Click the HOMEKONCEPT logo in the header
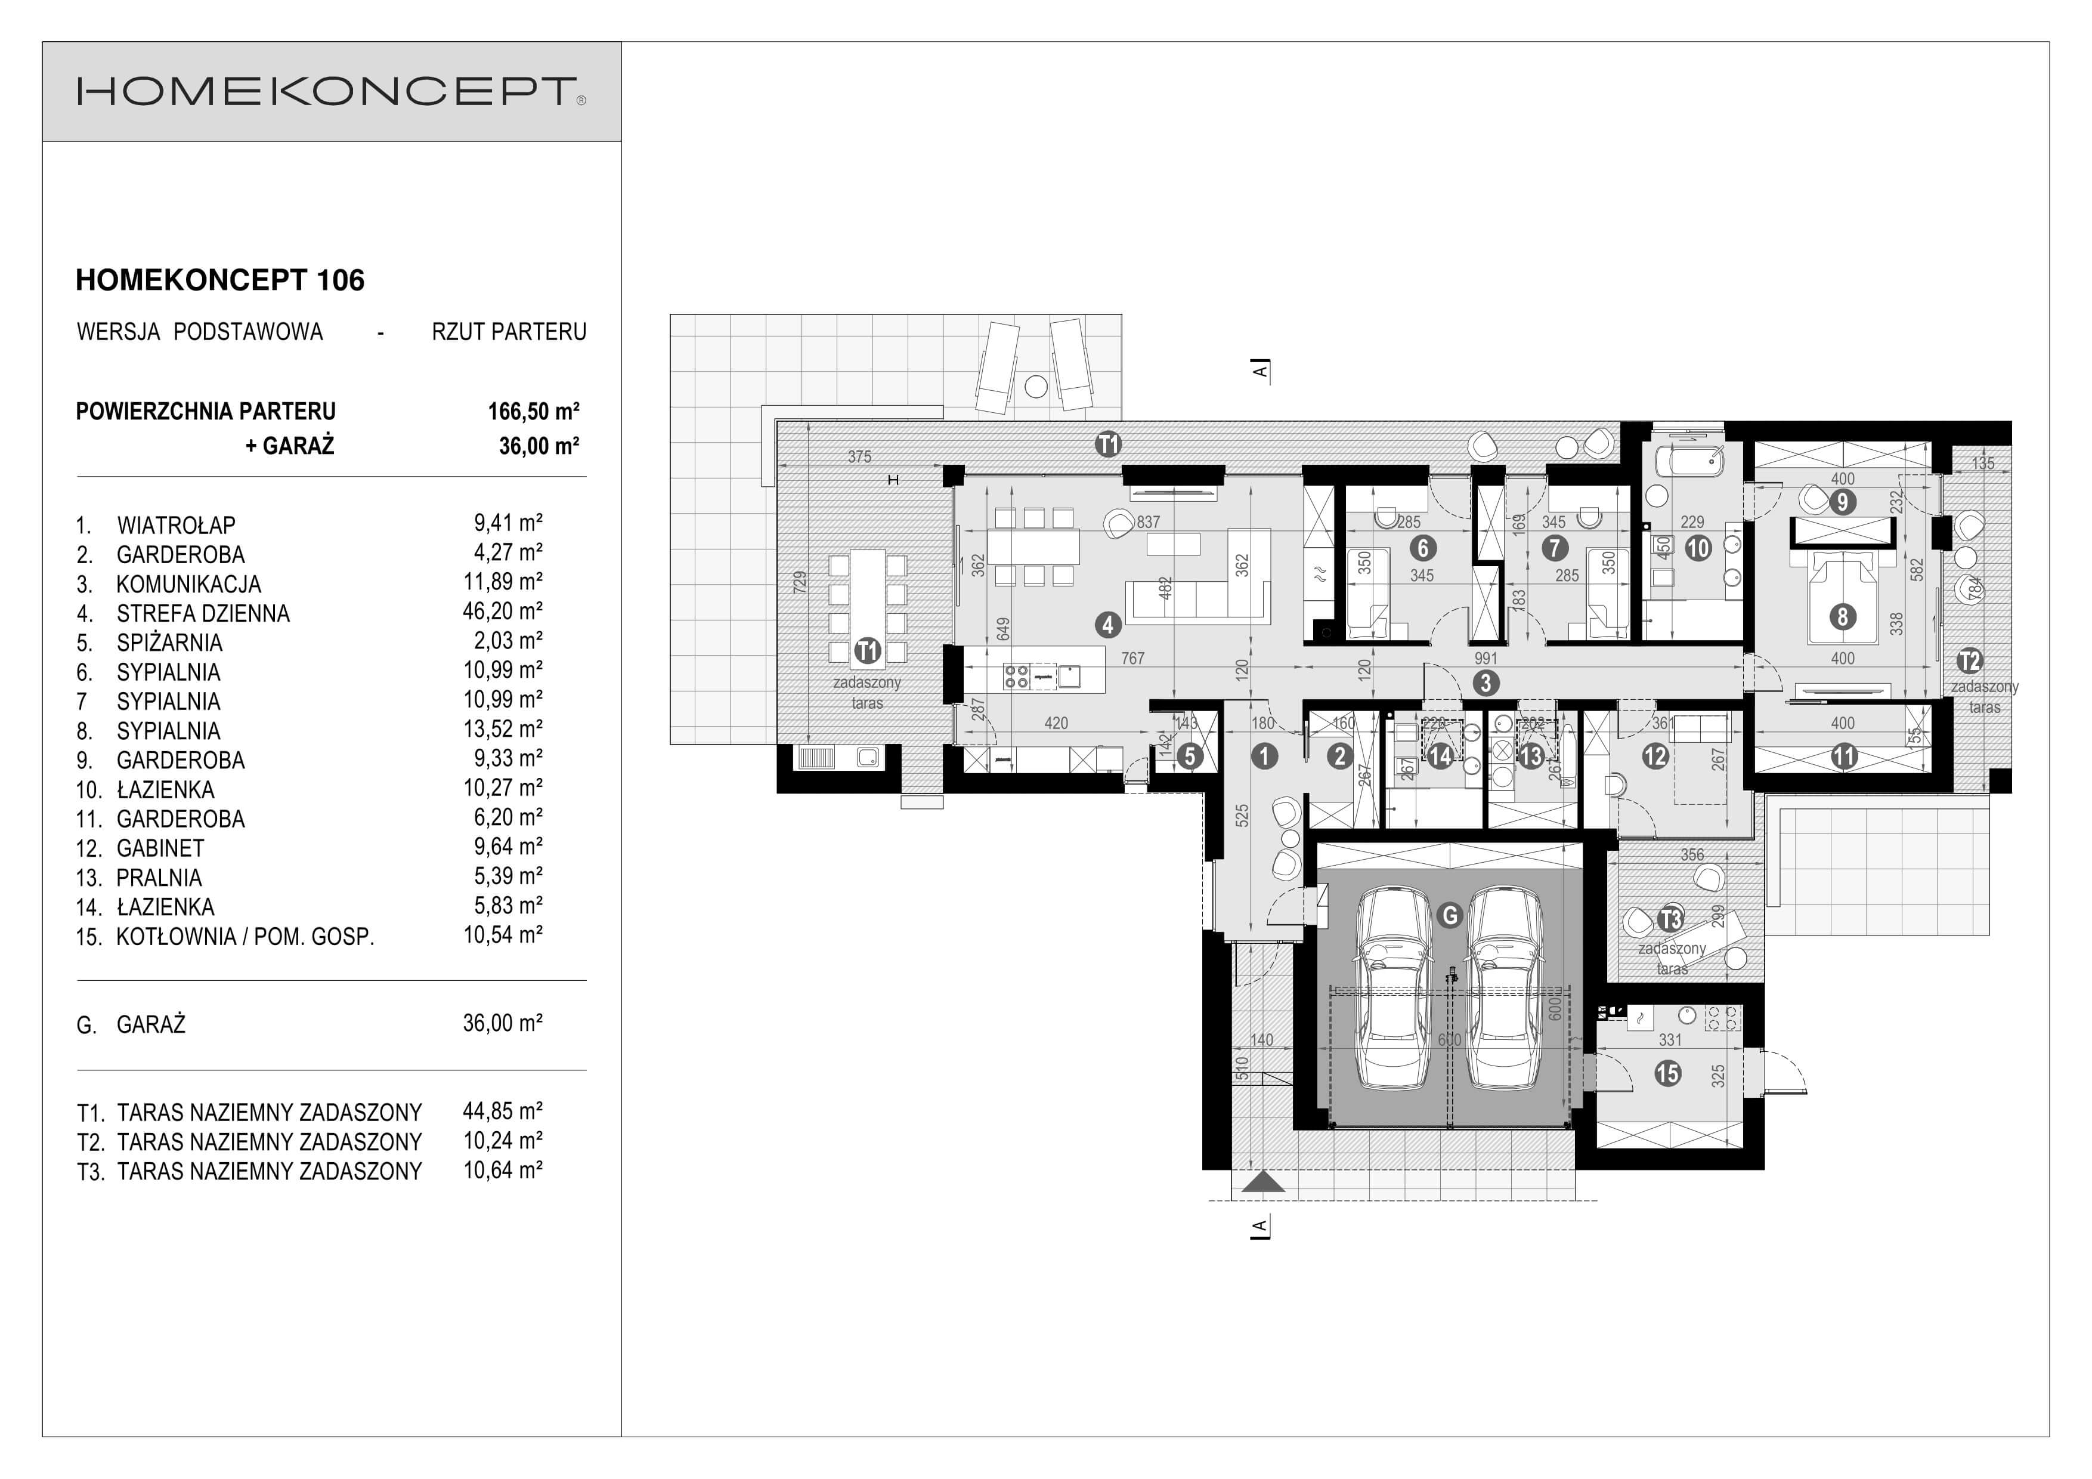point(332,92)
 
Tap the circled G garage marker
point(1449,915)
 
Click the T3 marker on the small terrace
point(1670,919)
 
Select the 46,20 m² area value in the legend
point(502,612)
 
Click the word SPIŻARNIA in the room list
point(169,643)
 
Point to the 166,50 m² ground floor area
point(533,412)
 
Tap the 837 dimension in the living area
point(1148,522)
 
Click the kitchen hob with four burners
point(1016,676)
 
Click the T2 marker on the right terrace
point(1969,660)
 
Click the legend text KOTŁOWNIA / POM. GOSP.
point(245,937)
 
